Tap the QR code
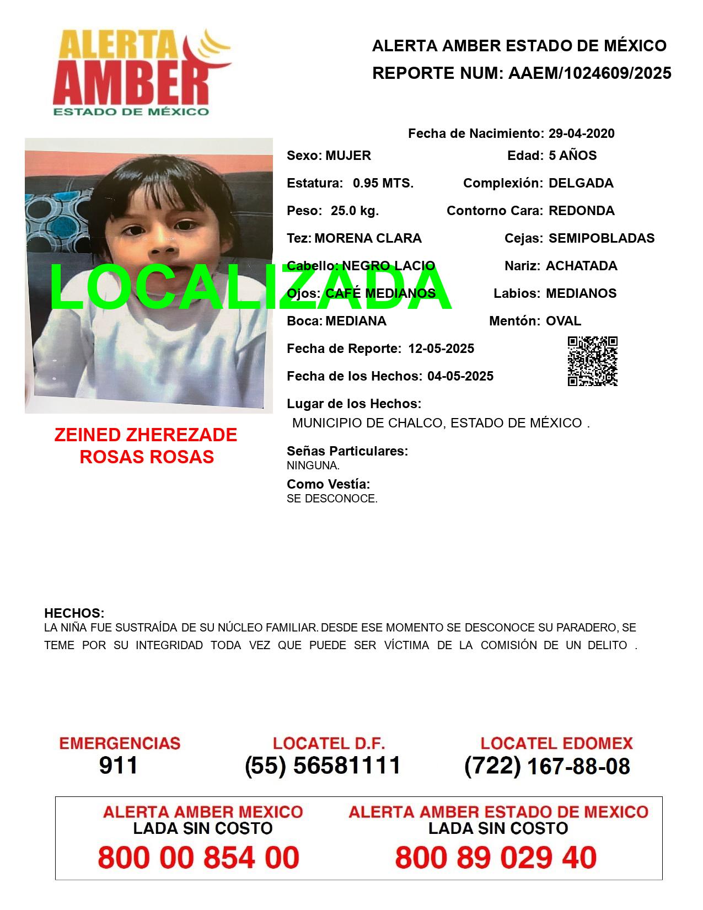tap(592, 361)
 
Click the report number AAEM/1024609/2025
tap(589, 73)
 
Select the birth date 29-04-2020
tap(581, 133)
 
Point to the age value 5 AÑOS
tap(572, 156)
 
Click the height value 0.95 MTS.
tap(383, 183)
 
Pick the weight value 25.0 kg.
tap(355, 211)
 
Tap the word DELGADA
tap(581, 183)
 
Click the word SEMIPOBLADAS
tap(601, 238)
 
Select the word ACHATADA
tap(581, 266)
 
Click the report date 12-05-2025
tap(441, 349)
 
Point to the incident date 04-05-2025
tap(460, 376)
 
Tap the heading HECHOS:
tap(74, 613)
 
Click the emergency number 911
tap(119, 766)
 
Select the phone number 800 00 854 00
tap(198, 858)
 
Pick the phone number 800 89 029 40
tap(496, 858)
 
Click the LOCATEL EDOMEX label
tap(556, 743)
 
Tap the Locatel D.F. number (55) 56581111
tap(323, 766)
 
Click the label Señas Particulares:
tap(347, 451)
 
